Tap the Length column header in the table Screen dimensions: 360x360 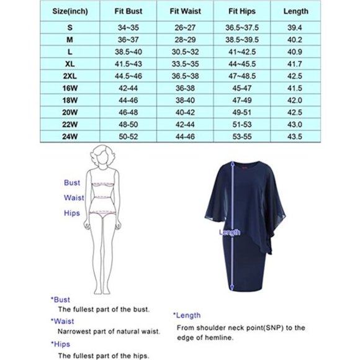coord(313,11)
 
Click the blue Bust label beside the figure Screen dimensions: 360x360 coord(72,183)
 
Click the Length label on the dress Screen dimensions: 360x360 coord(229,232)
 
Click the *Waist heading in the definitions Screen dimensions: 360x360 coord(63,322)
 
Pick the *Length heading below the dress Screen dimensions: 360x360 coord(187,315)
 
